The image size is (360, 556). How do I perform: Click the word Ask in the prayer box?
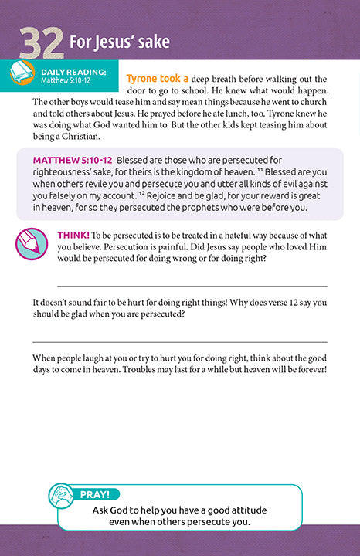103,508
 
